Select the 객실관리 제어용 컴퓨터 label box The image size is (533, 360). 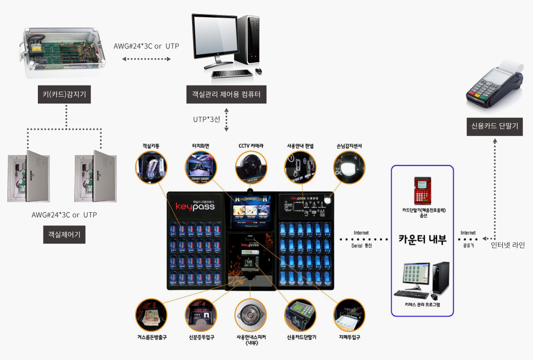click(226, 94)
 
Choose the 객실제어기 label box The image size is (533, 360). click(64, 234)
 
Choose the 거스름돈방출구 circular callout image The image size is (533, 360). click(151, 315)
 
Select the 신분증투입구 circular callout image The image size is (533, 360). click(201, 315)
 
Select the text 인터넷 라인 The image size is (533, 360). click(507, 245)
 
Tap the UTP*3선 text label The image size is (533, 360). click(206, 119)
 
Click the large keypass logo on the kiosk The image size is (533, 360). click(195, 206)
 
